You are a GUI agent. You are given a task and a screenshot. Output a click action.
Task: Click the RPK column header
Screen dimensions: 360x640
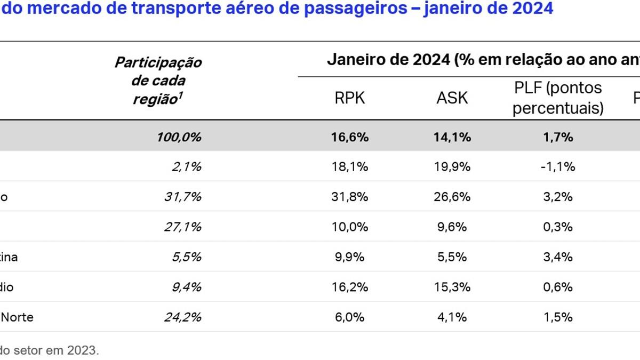[350, 98]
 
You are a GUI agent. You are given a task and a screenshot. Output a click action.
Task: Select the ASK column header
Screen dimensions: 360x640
[452, 98]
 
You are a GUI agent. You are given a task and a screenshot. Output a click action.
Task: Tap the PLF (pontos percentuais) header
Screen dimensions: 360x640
[558, 98]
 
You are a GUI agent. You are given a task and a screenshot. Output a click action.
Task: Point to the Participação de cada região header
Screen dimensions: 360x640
[158, 81]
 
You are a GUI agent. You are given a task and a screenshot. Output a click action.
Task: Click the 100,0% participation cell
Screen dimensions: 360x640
[179, 137]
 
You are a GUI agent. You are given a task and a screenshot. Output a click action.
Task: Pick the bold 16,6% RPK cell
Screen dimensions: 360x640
[350, 137]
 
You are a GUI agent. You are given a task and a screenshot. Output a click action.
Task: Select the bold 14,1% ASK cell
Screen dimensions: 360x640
[453, 137]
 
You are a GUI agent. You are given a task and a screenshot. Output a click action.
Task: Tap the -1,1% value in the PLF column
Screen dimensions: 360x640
[557, 167]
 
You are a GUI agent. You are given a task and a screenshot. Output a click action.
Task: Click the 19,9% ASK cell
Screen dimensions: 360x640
[453, 167]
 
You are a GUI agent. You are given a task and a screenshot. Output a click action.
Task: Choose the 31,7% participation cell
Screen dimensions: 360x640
[182, 197]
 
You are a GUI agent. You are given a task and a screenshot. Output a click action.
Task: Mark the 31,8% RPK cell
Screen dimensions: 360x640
[350, 197]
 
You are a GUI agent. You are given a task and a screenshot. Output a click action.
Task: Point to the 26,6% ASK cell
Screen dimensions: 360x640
[453, 197]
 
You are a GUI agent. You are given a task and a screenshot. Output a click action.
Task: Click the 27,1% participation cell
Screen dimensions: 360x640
[182, 227]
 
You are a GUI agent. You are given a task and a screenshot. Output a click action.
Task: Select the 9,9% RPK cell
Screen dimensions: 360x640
[350, 257]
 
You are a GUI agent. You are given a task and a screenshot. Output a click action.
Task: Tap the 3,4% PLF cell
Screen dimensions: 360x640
[558, 257]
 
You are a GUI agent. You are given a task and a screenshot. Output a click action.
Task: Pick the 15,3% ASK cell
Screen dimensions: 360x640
[453, 287]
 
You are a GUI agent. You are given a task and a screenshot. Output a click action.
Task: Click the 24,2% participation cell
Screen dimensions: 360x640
[182, 317]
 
